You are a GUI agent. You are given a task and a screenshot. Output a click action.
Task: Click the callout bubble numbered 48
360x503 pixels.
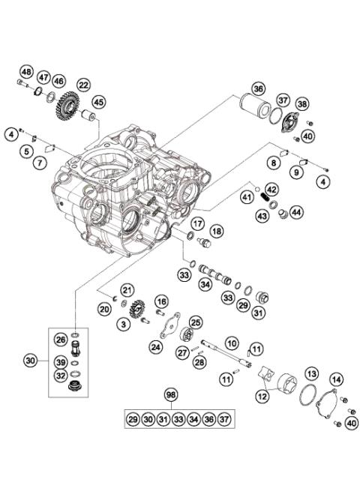pyautogui.click(x=26, y=72)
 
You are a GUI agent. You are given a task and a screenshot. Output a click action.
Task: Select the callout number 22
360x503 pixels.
pyautogui.click(x=82, y=85)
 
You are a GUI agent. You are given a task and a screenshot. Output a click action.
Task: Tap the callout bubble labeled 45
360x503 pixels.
pyautogui.click(x=99, y=101)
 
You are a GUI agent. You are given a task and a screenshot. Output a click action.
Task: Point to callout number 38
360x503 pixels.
pyautogui.click(x=302, y=104)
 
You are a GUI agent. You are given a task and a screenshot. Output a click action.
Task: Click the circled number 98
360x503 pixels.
pyautogui.click(x=172, y=394)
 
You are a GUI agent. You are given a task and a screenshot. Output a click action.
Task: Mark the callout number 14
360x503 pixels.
pyautogui.click(x=336, y=379)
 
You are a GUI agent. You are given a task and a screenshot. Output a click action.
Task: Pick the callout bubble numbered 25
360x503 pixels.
pyautogui.click(x=196, y=322)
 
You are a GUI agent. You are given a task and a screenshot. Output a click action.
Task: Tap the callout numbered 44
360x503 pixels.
pyautogui.click(x=296, y=213)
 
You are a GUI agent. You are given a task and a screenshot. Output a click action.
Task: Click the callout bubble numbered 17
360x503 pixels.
pyautogui.click(x=197, y=223)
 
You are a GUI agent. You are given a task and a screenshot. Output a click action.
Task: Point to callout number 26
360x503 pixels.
pyautogui.click(x=81, y=339)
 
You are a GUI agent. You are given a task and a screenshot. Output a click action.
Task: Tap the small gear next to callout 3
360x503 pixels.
pyautogui.click(x=136, y=310)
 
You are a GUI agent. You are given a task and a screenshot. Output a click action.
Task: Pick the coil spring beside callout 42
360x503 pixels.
pyautogui.click(x=263, y=201)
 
